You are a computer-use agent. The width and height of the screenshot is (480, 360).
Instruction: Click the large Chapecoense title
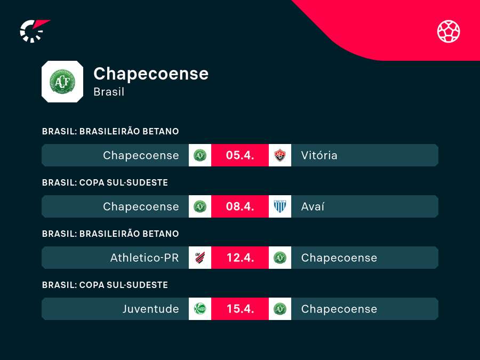click(x=151, y=74)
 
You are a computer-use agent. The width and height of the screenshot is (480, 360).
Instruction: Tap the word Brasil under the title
click(x=109, y=92)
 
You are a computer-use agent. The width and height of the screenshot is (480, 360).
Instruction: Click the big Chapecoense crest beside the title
click(x=62, y=82)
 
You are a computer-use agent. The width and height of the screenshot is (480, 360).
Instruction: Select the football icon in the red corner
click(x=449, y=31)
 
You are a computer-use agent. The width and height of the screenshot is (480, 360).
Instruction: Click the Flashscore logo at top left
click(x=34, y=30)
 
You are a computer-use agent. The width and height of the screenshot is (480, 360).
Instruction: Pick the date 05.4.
click(x=240, y=155)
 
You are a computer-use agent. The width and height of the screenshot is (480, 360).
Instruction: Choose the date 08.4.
click(x=240, y=206)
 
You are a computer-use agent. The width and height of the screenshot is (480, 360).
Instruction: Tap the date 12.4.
click(x=240, y=258)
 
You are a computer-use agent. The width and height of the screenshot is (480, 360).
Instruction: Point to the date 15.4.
click(x=240, y=309)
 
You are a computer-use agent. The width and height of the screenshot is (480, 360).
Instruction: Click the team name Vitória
click(x=319, y=155)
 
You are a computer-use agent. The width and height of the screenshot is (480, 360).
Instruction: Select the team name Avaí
click(x=313, y=206)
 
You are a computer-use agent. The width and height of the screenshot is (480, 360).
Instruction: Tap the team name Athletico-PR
click(x=145, y=258)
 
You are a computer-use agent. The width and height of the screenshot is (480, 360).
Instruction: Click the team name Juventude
click(x=151, y=309)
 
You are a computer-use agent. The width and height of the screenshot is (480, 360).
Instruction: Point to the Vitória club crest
click(x=280, y=155)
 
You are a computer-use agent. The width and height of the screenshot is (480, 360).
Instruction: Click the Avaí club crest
click(x=280, y=206)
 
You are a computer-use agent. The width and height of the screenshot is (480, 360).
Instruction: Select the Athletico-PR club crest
click(x=200, y=258)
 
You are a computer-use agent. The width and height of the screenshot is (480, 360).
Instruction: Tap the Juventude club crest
click(x=200, y=309)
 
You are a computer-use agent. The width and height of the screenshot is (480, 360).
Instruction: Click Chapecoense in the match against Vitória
click(x=141, y=155)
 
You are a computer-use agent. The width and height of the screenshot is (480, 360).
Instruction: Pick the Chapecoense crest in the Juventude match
click(x=280, y=309)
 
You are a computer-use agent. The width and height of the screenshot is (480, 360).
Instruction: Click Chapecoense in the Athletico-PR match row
click(x=339, y=258)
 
